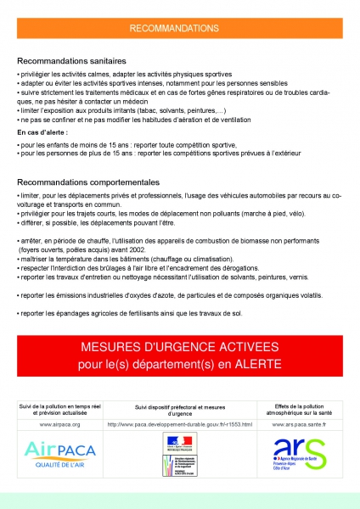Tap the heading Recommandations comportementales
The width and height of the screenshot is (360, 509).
coord(87,182)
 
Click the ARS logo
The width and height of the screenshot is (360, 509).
coord(299,452)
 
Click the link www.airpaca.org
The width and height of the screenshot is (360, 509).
coord(60,423)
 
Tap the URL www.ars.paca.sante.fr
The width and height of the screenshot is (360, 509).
coord(300,423)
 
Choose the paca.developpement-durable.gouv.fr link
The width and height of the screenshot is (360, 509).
coord(179,423)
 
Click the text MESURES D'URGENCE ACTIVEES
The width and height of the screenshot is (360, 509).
coord(179,349)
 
